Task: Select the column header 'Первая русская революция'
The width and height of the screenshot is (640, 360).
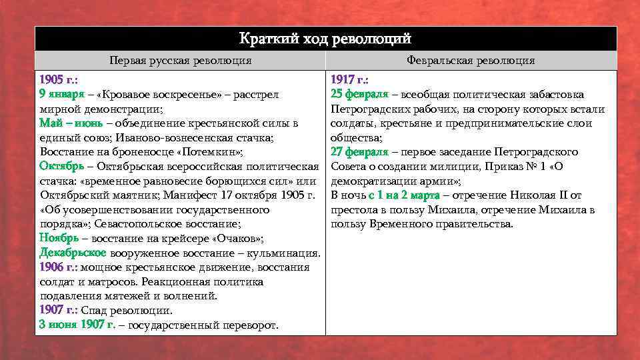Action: coord(181,61)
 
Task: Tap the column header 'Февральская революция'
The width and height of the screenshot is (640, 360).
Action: coord(471,61)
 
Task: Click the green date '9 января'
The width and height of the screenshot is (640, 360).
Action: coord(62,95)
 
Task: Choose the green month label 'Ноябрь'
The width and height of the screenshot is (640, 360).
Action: coord(59,239)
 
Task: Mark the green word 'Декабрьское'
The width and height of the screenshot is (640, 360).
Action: coord(73,253)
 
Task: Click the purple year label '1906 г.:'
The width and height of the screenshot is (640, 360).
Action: coord(59,267)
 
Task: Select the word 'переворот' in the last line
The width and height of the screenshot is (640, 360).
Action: coord(251,325)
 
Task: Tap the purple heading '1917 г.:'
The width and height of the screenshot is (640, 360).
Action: coord(350,80)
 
